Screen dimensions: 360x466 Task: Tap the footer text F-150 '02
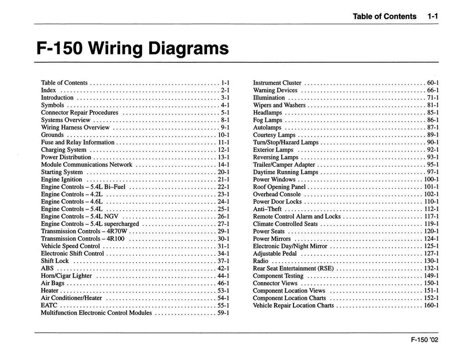coord(423,345)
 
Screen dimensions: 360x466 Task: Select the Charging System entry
coord(64,150)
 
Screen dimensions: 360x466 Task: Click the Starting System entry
coord(62,172)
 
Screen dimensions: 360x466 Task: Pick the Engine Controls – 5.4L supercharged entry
coord(90,224)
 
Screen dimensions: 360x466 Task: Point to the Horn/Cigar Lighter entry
coord(66,276)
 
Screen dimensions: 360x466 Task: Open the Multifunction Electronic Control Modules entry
coord(96,313)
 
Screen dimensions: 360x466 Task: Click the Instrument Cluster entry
coord(277,83)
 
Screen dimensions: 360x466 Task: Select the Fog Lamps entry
coord(268,120)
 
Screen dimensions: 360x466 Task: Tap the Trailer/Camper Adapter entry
coord(284,165)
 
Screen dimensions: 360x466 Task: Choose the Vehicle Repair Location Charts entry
coord(294,305)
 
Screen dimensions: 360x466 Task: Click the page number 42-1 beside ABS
coord(223,269)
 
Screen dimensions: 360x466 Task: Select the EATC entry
coord(49,305)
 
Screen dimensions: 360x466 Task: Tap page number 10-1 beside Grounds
coord(223,135)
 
